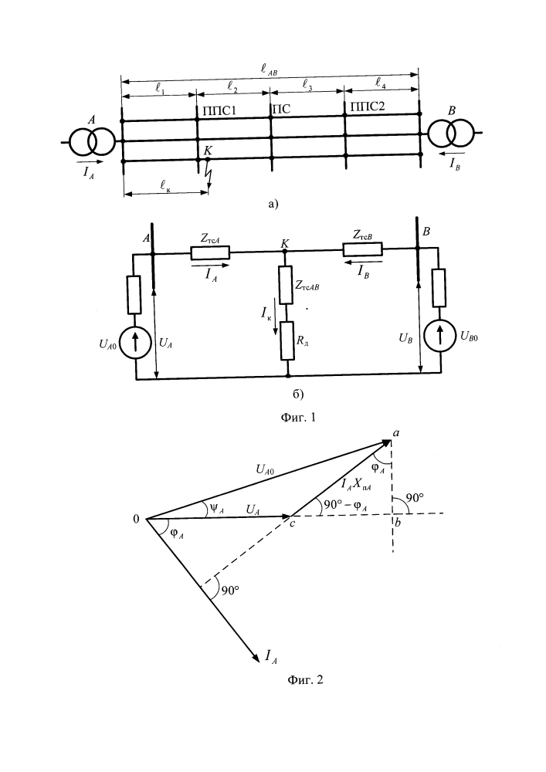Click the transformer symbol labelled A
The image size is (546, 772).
(92, 142)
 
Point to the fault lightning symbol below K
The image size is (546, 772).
(207, 176)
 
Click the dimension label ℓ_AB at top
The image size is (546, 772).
(273, 71)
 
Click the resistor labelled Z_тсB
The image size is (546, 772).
(362, 248)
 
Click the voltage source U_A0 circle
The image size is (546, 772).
(136, 344)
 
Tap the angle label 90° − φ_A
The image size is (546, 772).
(346, 506)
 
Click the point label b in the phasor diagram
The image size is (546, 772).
(397, 523)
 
